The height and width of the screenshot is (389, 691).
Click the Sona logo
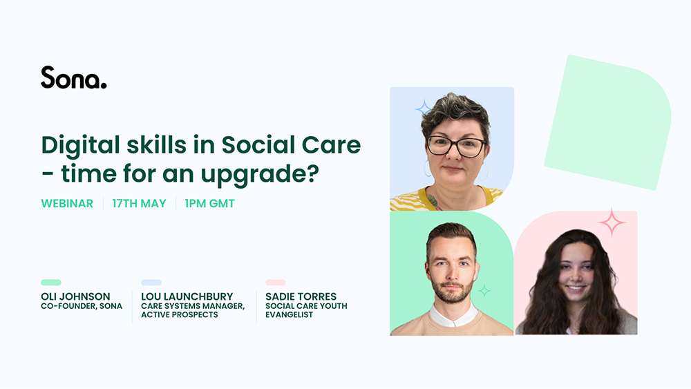[x=74, y=77]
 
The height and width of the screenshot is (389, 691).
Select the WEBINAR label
[x=67, y=203]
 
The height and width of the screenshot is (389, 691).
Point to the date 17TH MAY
[x=139, y=203]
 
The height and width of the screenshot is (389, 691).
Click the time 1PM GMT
[x=209, y=203]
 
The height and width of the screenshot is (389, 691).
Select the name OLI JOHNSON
[x=75, y=296]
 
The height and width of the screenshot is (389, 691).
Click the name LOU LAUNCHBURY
[x=187, y=296]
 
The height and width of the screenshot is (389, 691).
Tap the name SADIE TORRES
[x=301, y=296]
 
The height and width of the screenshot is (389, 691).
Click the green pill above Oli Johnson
[x=51, y=283]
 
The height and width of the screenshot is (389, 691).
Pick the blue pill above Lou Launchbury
[x=151, y=283]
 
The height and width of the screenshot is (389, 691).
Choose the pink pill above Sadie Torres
[x=276, y=283]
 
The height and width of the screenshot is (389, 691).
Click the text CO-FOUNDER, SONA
[x=82, y=306]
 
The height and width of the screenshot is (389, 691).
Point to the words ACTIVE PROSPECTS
[x=180, y=315]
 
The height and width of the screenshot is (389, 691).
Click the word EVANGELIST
[x=289, y=315]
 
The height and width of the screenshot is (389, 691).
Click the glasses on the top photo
[x=456, y=146]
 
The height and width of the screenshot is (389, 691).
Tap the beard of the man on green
[x=452, y=291]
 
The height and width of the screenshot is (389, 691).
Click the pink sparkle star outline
[x=612, y=222]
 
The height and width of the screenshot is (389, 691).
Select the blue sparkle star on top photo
[x=423, y=108]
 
